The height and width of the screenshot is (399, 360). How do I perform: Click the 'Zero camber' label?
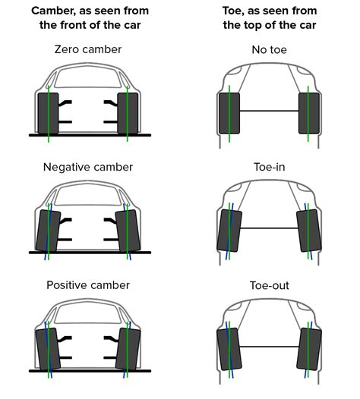[89, 49]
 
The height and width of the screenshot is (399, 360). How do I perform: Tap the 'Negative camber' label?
[89, 167]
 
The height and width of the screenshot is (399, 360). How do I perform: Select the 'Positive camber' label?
[89, 285]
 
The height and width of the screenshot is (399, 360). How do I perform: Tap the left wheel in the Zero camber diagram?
[48, 112]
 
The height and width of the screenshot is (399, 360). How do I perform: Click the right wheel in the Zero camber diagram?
[128, 112]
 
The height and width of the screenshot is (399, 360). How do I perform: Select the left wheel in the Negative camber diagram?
[47, 230]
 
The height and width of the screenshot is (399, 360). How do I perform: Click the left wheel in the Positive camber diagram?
[47, 347]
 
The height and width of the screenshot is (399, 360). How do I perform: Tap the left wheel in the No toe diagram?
[229, 112]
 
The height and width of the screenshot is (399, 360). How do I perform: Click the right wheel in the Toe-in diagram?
[308, 230]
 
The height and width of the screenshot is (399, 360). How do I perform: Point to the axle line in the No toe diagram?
[269, 112]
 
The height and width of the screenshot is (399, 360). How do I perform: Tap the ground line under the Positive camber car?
[89, 371]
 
